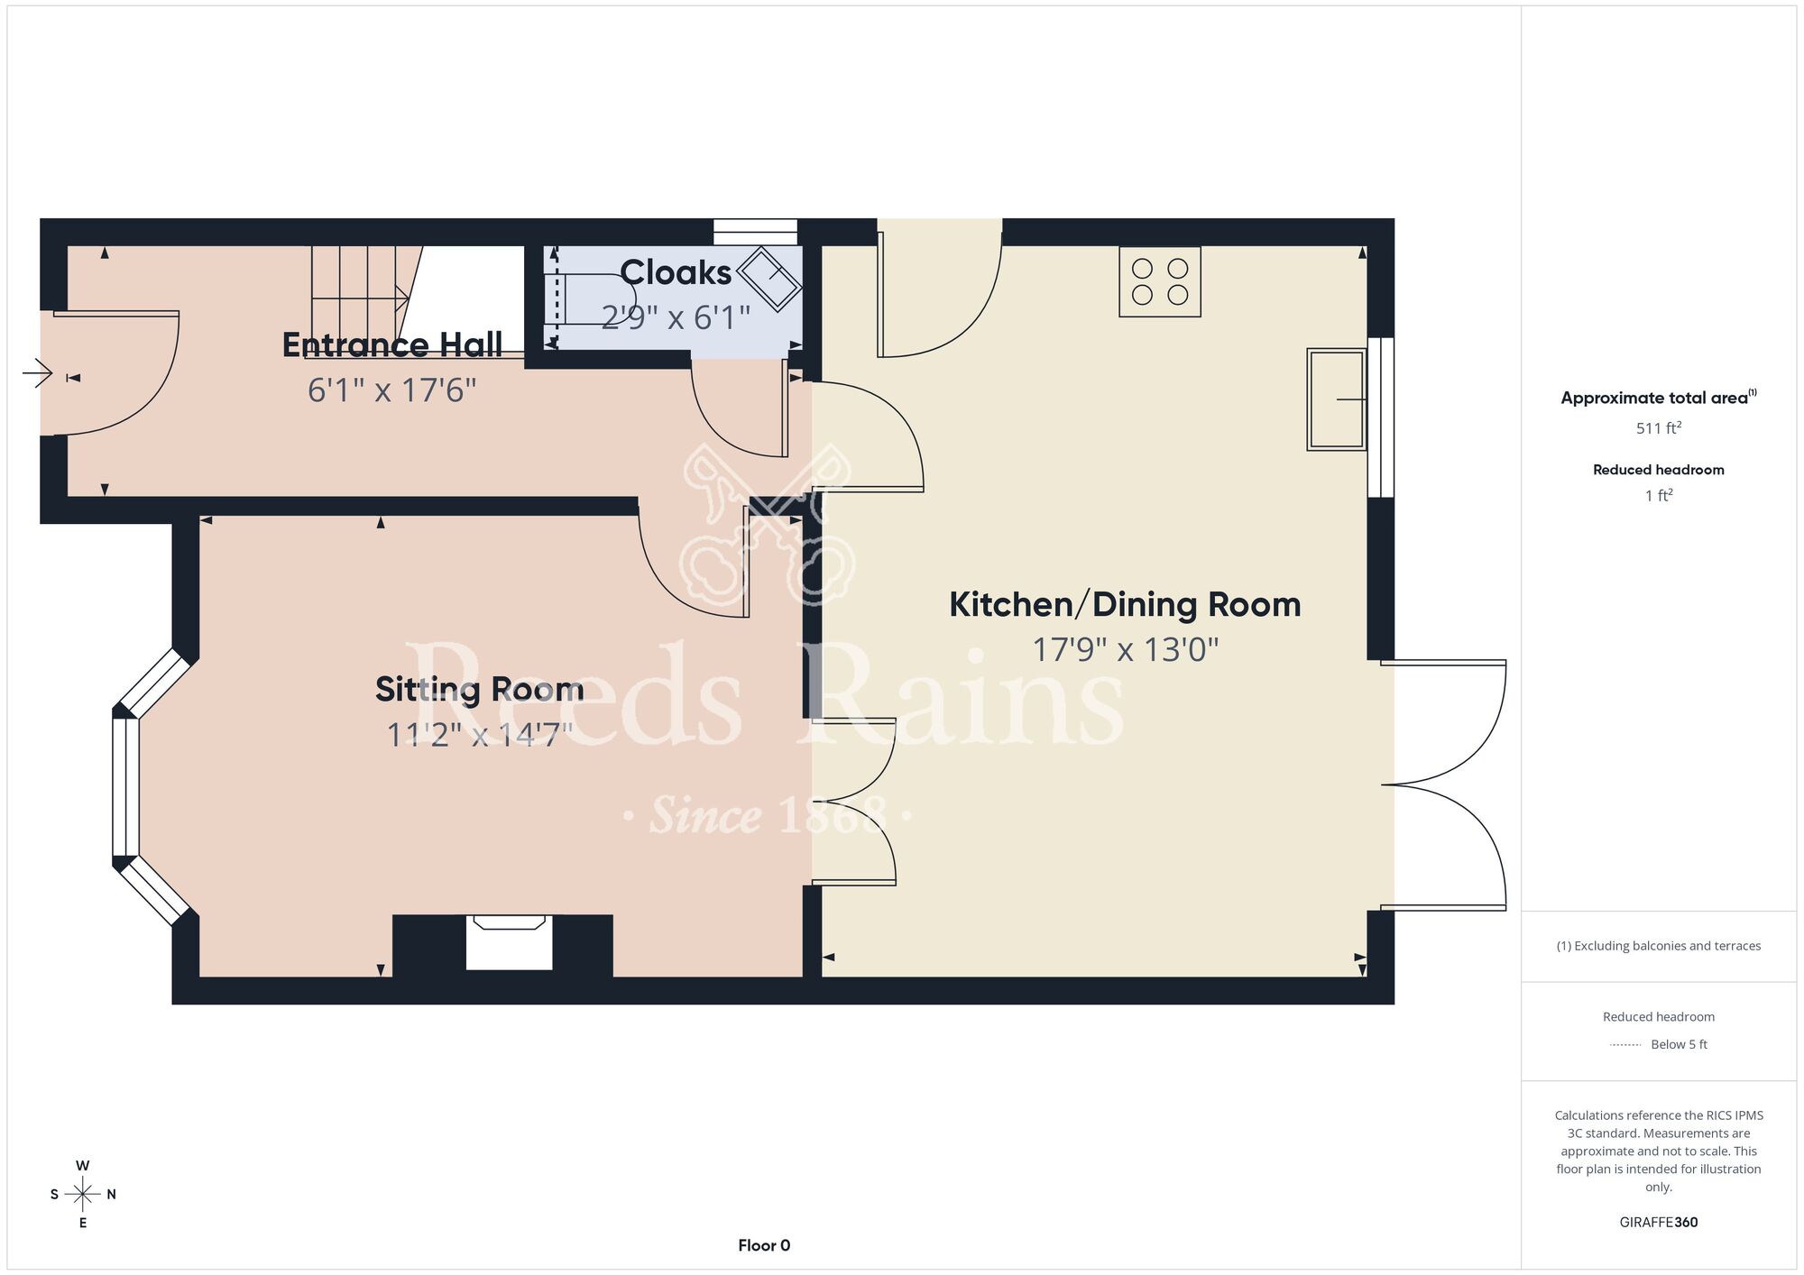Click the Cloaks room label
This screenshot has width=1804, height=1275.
[x=676, y=272]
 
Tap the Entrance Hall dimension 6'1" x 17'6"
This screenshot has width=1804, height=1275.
[x=391, y=390]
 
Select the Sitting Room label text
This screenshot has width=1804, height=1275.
[x=480, y=690]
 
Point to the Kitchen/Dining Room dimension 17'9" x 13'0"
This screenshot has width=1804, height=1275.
[x=1125, y=649]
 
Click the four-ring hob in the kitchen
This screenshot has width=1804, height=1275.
[x=1160, y=281]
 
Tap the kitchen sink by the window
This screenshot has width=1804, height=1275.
[x=1337, y=399]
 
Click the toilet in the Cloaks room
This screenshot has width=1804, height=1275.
[x=589, y=298]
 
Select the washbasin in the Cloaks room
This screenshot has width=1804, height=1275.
[x=769, y=275]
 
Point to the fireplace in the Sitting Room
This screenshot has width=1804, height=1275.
[x=509, y=942]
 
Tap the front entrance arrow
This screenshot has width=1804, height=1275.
[x=38, y=372]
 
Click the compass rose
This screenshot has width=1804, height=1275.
[x=83, y=1194]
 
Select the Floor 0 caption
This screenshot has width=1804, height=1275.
[x=764, y=1245]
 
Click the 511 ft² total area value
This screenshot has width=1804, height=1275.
[x=1659, y=428]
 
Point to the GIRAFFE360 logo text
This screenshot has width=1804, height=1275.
[x=1659, y=1223]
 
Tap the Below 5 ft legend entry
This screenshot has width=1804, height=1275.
[x=1659, y=1044]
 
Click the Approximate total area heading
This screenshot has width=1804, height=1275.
[x=1659, y=398]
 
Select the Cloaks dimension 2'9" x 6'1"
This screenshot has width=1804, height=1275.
[x=676, y=317]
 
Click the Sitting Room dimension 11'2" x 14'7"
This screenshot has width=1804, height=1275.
[x=479, y=735]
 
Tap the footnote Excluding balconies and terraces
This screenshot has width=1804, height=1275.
[x=1659, y=946]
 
